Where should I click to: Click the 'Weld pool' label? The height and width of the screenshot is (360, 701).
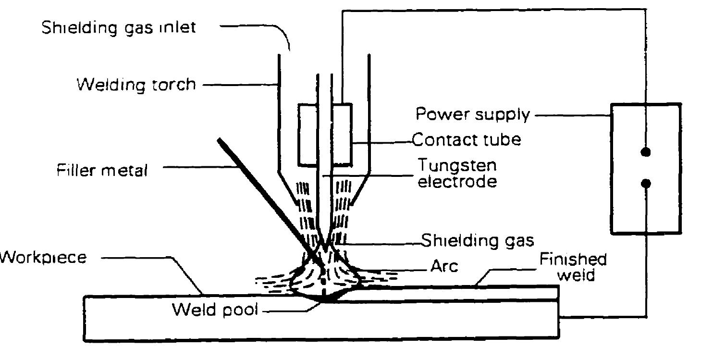click(215, 310)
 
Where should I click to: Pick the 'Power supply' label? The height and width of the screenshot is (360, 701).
click(473, 115)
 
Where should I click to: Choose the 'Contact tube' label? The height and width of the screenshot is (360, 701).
click(467, 140)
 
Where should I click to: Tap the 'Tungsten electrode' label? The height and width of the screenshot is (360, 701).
click(456, 174)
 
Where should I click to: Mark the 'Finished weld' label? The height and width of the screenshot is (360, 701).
click(572, 268)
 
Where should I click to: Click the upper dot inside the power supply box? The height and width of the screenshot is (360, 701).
click(646, 152)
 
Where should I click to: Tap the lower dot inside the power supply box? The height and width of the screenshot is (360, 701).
click(646, 183)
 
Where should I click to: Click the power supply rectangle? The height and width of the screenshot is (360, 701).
click(663, 211)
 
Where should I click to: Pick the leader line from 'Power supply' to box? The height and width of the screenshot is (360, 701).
click(572, 115)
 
